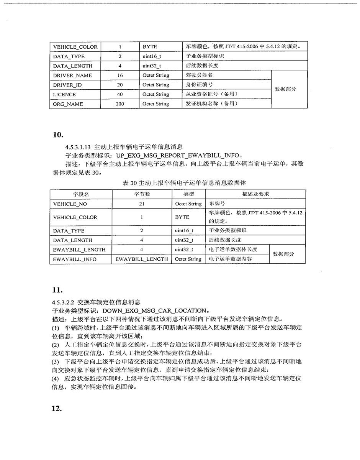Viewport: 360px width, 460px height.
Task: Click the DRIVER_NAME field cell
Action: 73,76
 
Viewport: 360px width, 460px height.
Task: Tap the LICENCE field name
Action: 65,95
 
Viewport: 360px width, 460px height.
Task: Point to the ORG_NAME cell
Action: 68,104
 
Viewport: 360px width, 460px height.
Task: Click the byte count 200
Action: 120,104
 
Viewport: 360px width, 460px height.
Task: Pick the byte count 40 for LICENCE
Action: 120,94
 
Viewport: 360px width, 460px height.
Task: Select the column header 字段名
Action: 81,194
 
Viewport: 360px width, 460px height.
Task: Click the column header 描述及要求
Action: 255,194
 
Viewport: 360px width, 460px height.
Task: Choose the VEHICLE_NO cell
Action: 70,204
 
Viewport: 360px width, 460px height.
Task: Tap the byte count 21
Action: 142,204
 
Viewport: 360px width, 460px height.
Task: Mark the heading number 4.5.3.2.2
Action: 64,302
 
